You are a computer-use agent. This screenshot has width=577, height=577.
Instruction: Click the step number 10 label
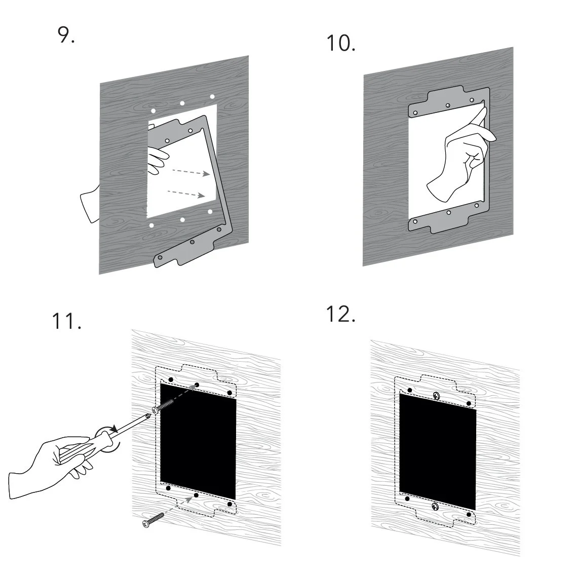click(x=340, y=44)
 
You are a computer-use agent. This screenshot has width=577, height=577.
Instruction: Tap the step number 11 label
click(x=67, y=322)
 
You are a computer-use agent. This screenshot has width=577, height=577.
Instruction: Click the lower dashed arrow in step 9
click(x=186, y=194)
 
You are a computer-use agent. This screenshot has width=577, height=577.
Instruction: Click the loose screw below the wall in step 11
click(x=153, y=519)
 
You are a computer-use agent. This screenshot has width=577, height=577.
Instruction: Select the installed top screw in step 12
click(x=436, y=395)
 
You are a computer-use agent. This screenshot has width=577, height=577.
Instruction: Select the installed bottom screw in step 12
click(x=435, y=506)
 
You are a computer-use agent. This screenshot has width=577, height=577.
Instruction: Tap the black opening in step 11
click(x=198, y=441)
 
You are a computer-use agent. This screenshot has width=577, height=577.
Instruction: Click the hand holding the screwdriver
click(x=48, y=458)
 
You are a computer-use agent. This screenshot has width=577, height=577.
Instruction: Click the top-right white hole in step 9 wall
click(x=212, y=96)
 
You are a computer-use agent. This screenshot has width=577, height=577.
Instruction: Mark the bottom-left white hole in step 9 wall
click(x=151, y=225)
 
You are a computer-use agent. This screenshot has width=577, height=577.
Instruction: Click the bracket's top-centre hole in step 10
click(x=448, y=106)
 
